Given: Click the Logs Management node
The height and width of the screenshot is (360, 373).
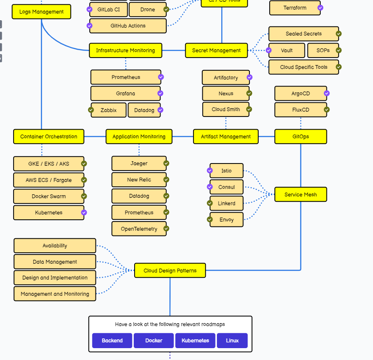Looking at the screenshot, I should click(x=41, y=12).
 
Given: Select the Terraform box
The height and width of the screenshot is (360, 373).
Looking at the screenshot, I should click(x=295, y=8).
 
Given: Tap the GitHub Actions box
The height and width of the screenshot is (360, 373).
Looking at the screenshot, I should click(x=128, y=26).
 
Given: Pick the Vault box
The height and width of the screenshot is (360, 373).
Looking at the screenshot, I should click(x=287, y=51).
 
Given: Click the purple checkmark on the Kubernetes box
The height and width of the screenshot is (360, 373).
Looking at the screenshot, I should click(x=84, y=213).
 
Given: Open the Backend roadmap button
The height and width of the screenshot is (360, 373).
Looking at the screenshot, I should click(x=112, y=341).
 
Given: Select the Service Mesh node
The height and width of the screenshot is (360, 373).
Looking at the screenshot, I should click(x=300, y=195).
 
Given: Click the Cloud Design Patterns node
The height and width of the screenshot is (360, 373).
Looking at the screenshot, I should click(x=170, y=271).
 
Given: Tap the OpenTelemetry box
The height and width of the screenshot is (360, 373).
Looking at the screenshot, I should click(x=139, y=229).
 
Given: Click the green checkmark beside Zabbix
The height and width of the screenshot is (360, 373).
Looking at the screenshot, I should click(x=91, y=110).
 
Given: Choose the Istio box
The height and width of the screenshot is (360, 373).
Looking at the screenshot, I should click(x=227, y=171).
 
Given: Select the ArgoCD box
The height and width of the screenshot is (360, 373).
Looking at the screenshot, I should click(x=300, y=94).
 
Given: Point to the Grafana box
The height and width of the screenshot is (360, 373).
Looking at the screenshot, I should click(x=126, y=94).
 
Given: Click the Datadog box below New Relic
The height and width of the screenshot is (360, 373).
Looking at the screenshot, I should click(x=139, y=196).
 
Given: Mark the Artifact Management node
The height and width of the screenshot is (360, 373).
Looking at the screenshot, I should click(x=226, y=137).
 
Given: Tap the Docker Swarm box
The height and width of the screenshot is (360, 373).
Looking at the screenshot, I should click(x=49, y=196).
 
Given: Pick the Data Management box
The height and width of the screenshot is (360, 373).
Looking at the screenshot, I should click(x=55, y=262).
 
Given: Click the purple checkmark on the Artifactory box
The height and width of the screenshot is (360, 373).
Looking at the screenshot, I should click(x=249, y=77).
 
